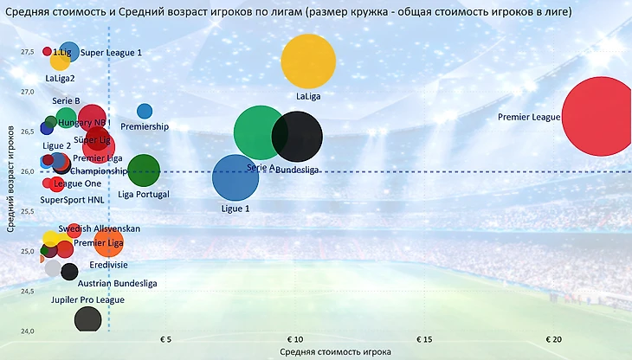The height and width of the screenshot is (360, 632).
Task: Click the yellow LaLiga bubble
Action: pos(308,61)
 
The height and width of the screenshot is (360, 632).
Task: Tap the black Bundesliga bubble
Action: pos(297,136)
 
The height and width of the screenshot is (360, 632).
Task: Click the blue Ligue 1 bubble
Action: pos(235,178)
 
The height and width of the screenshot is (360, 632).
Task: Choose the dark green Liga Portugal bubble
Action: pos(144,170)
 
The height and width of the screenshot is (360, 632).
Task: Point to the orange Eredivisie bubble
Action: pos(108,243)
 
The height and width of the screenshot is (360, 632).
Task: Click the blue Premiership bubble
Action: pos(145,112)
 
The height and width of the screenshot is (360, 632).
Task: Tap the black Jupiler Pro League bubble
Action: pos(87,320)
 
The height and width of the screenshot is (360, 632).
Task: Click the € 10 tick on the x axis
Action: pos(294,338)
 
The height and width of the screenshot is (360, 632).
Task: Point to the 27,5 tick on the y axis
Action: pos(29,52)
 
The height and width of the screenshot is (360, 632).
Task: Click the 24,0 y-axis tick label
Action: pos(29,331)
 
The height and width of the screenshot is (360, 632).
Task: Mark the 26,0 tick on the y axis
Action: pos(29,171)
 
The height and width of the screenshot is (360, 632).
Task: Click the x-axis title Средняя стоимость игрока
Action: pos(335,352)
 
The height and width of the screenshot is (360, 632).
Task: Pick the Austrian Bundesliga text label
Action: pos(118,283)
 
